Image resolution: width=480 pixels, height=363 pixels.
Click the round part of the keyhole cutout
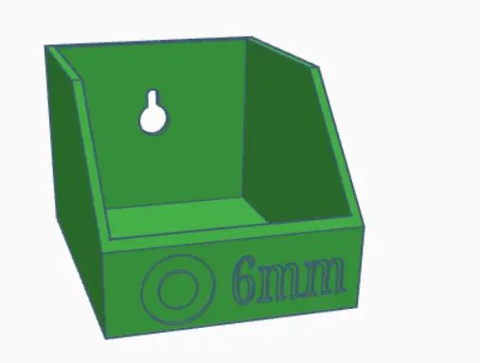[152, 119]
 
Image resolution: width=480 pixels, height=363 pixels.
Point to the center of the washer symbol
[178, 290]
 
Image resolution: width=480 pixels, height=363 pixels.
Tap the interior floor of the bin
[187, 215]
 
